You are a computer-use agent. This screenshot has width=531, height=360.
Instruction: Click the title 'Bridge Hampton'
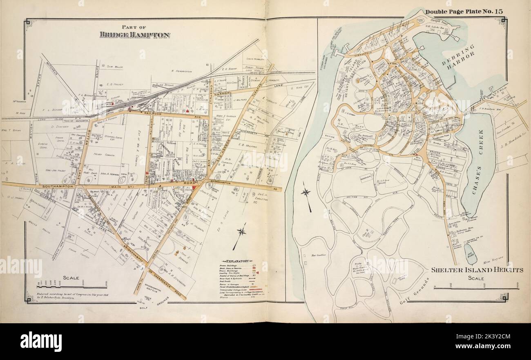point(135,35)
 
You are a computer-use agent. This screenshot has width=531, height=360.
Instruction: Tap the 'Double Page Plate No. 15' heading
point(464,11)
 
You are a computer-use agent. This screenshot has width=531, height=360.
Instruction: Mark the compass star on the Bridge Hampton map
point(241,232)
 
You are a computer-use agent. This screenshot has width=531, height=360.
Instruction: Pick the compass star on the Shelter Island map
point(306,193)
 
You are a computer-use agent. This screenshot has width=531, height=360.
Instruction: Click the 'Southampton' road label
point(59,187)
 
